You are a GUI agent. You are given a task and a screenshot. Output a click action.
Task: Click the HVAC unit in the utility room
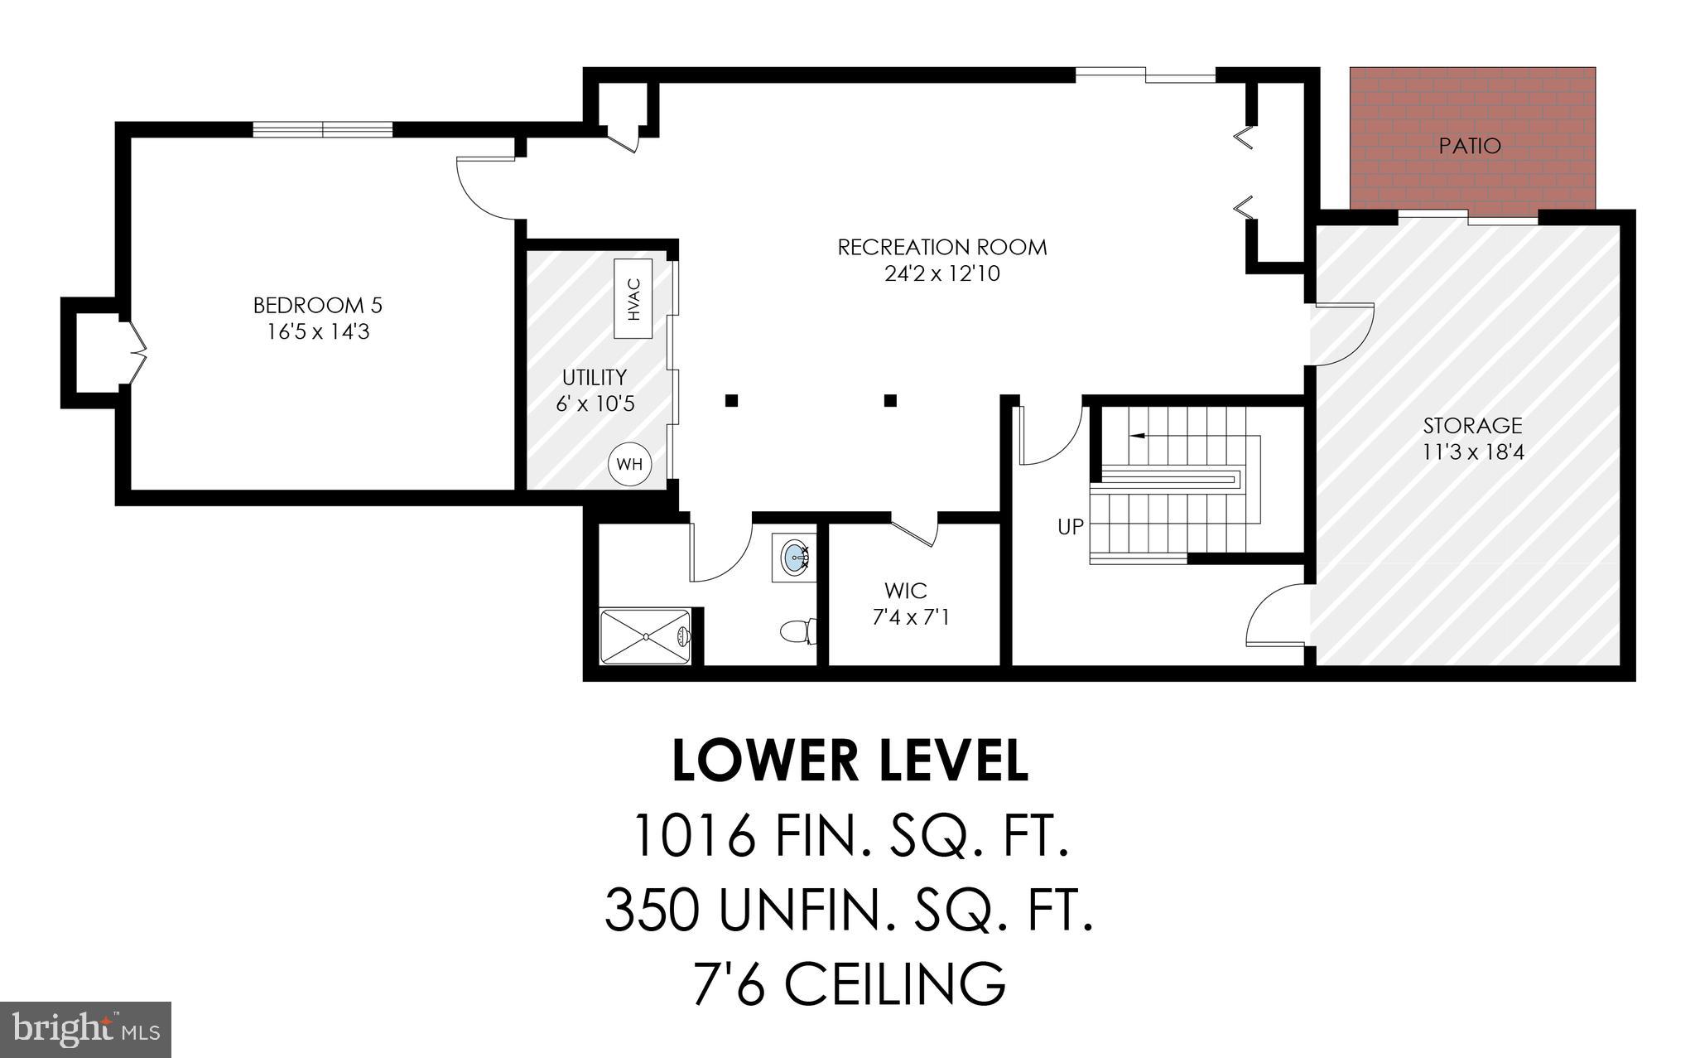(x=633, y=298)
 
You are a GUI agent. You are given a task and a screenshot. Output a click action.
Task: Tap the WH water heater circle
(x=629, y=464)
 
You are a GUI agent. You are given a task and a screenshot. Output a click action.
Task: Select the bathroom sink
(x=795, y=556)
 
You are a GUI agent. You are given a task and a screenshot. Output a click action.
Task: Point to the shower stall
(x=645, y=636)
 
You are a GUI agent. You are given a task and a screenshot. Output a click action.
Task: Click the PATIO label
(x=1470, y=146)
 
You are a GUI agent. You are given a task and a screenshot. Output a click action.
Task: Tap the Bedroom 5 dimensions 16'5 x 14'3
(x=317, y=332)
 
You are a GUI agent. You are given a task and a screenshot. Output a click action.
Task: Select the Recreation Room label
(x=942, y=247)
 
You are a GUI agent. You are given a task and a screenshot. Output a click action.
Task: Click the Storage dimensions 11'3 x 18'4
(x=1472, y=452)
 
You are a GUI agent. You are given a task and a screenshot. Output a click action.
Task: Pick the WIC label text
(x=905, y=591)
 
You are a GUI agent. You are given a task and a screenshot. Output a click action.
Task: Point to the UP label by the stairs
(x=1070, y=526)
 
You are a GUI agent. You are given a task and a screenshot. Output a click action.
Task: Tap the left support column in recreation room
(x=731, y=401)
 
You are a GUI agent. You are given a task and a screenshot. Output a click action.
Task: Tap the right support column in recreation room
(x=890, y=401)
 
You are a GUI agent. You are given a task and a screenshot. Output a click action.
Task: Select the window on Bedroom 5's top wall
(x=322, y=129)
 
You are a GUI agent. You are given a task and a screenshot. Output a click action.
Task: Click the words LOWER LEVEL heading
(x=850, y=761)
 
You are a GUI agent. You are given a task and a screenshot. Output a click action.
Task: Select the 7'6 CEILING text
(x=850, y=983)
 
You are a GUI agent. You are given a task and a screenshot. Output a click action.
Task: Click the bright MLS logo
(x=86, y=1030)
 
